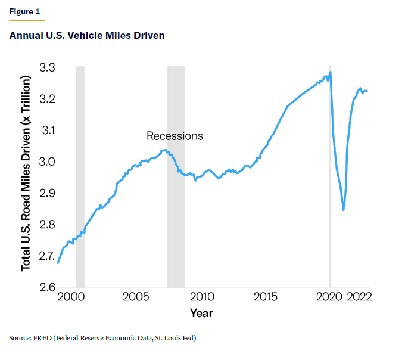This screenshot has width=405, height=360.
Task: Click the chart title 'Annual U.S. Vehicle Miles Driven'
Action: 87,36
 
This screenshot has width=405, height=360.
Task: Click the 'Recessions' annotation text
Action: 175,136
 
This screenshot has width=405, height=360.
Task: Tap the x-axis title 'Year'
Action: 201,313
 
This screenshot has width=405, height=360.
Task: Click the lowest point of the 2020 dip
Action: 344,210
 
